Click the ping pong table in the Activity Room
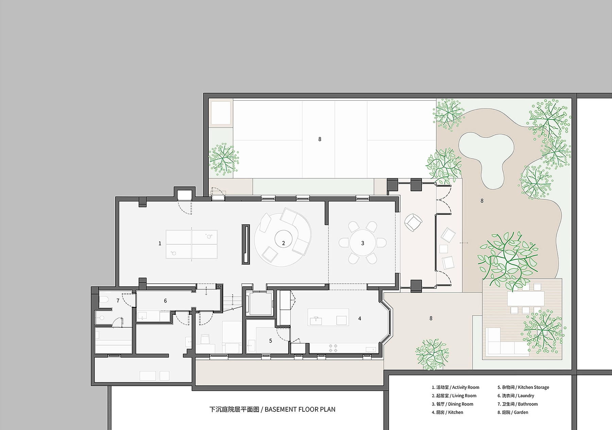tap(191, 244)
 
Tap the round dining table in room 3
tap(362, 243)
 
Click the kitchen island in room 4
tap(328, 317)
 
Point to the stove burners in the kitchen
tap(333, 348)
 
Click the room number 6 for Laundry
tap(165, 301)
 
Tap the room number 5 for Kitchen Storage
tap(271, 341)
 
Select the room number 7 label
tap(118, 301)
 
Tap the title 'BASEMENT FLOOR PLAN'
tap(300, 409)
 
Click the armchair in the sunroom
tap(413, 222)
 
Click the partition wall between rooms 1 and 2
tap(245, 244)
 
